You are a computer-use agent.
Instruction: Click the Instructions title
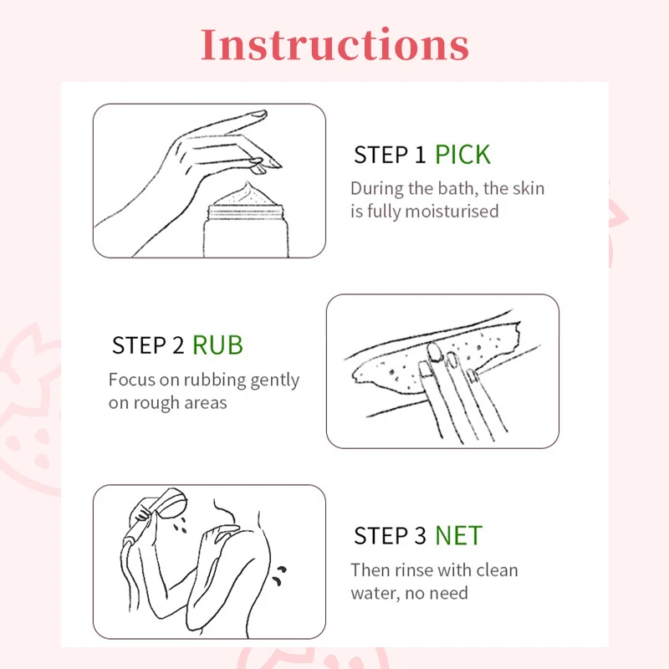[335, 45]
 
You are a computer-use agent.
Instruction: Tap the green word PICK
[463, 155]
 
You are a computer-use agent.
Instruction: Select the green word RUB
[217, 345]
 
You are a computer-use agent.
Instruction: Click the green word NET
[458, 535]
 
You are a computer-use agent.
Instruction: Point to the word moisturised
[452, 212]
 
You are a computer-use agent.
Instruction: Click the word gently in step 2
[275, 380]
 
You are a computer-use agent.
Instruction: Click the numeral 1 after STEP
[421, 155]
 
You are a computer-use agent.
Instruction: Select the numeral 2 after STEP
[178, 345]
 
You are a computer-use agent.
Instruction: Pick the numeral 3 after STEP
[421, 535]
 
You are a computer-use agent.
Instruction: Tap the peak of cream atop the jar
[248, 184]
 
